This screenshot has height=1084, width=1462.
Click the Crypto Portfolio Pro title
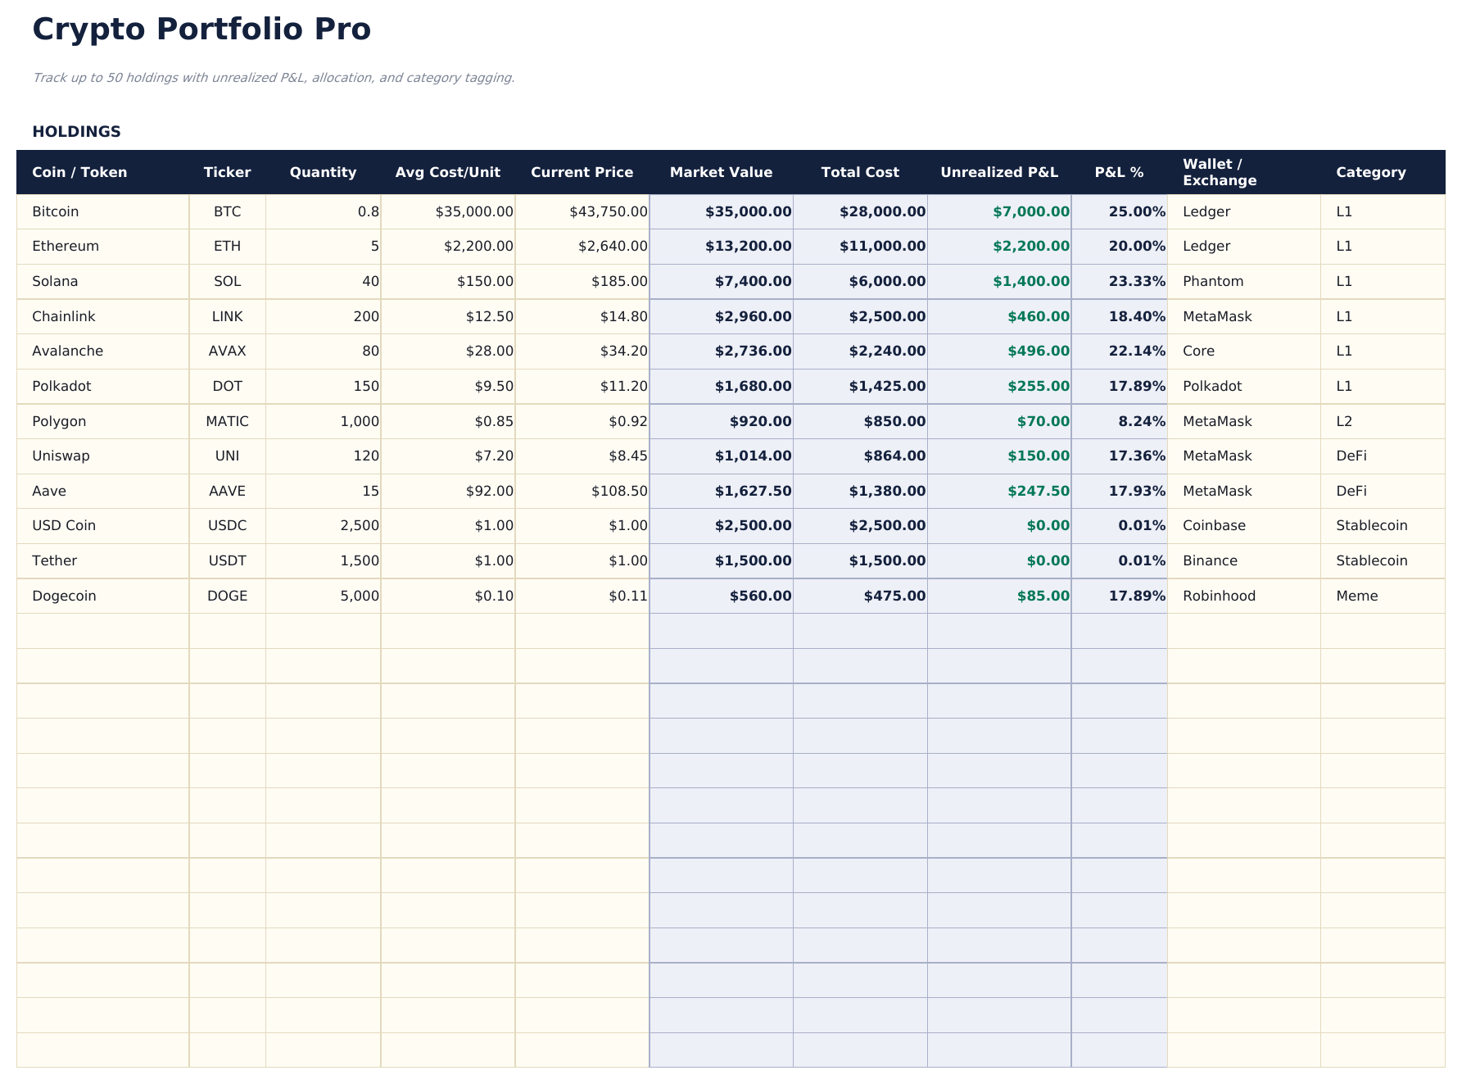coord(201,29)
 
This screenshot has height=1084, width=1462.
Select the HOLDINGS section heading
coord(76,132)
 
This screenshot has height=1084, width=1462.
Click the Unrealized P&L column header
coord(998,172)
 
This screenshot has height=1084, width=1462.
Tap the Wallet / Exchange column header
coord(1219,172)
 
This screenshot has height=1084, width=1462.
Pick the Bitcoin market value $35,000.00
coord(748,211)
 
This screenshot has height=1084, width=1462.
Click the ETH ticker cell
coord(227,246)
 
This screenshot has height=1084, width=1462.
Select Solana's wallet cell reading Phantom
coord(1212,281)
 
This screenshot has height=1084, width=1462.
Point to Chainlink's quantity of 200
coord(365,316)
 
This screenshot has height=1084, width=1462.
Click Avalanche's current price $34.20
coord(623,351)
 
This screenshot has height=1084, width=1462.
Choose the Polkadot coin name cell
coord(61,386)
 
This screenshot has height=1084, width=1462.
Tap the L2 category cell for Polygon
coord(1343,421)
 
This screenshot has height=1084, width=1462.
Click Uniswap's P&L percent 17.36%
coord(1136,456)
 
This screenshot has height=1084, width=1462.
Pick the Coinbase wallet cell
coord(1214,525)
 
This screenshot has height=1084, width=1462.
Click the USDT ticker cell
coord(227,560)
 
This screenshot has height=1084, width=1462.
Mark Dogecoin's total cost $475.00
coord(894,596)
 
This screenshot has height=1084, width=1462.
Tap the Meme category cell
coord(1356,596)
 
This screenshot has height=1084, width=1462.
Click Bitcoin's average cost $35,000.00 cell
coord(473,211)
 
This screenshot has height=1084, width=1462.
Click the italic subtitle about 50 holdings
coord(273,78)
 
